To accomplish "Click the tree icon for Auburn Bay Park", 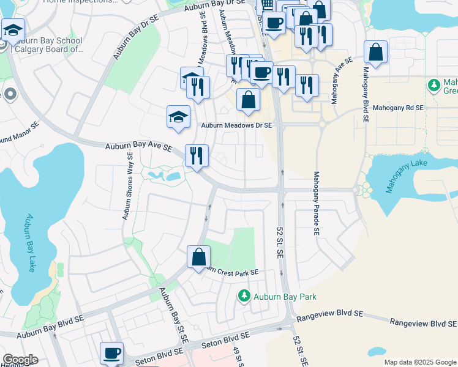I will (244, 297).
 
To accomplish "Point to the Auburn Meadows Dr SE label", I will (236, 125).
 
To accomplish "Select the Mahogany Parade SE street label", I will (317, 203).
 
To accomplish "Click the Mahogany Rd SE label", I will (399, 108).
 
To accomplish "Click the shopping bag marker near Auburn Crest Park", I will (198, 257).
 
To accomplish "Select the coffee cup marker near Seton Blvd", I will (112, 353).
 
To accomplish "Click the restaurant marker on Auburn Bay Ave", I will (197, 155).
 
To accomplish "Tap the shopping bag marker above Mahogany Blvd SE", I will (375, 53).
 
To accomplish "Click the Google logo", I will (20, 359).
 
